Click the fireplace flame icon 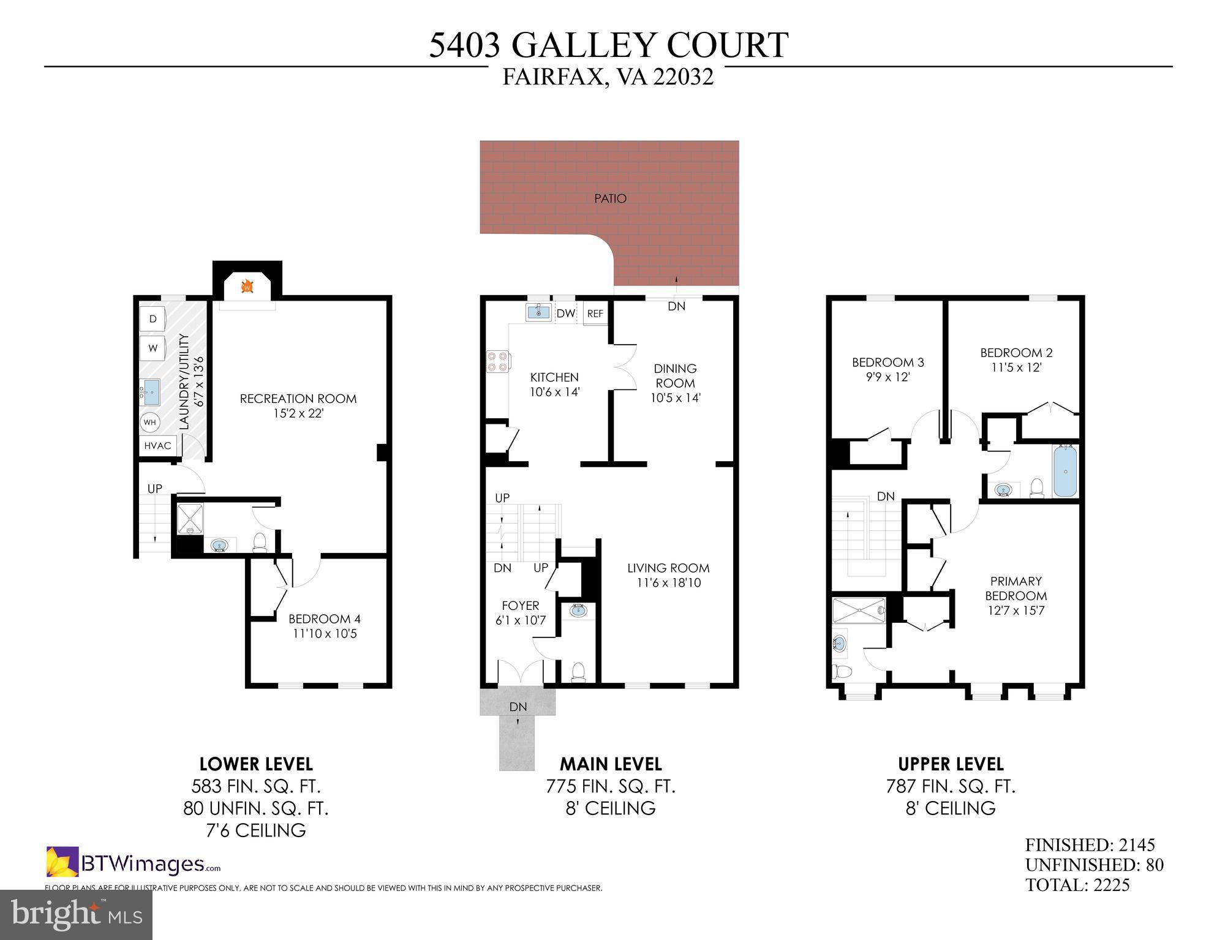coord(247,286)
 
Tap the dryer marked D coord(153,318)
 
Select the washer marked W coord(153,348)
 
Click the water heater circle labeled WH coord(150,422)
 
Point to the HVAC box coord(158,446)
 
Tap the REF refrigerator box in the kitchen coord(595,314)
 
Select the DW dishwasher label coord(566,314)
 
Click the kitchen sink coord(538,312)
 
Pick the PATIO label coord(610,198)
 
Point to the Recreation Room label coord(298,399)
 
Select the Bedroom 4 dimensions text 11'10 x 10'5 coord(325,634)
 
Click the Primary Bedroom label coord(1015,588)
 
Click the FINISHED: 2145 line coord(1090,845)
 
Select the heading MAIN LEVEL coord(611,764)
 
